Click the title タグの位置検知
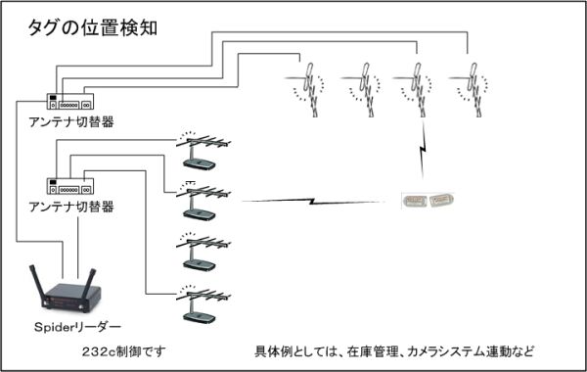93,28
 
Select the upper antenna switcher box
70,101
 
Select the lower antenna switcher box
70,186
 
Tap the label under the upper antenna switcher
71,122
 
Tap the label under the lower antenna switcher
71,207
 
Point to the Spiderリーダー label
77,327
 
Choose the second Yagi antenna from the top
203,201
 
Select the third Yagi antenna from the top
203,252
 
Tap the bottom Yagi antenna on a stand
203,303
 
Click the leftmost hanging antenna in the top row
309,90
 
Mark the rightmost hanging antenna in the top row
473,90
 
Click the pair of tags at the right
428,201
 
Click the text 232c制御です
124,351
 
